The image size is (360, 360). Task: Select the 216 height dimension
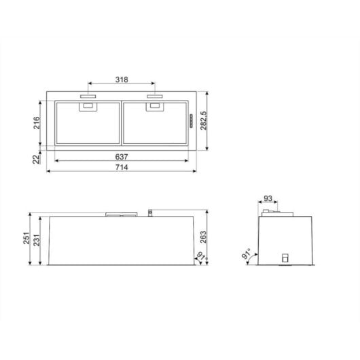pos(36,123)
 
